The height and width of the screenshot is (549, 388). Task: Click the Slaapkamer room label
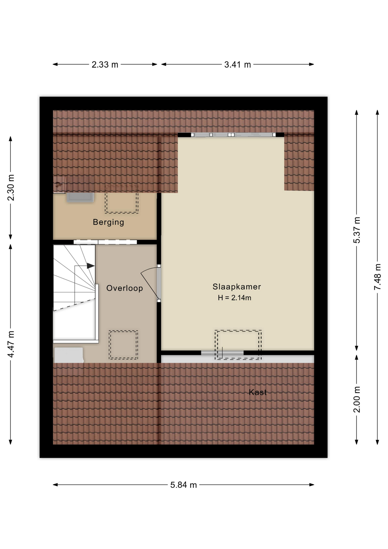(x=237, y=287)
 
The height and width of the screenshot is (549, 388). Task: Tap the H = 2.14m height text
(x=234, y=298)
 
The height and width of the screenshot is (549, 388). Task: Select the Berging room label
(x=108, y=222)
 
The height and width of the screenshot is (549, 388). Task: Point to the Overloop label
(x=125, y=288)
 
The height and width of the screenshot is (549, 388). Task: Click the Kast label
(x=258, y=392)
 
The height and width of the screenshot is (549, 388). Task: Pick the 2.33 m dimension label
(x=105, y=65)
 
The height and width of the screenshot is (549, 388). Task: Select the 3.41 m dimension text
(x=237, y=65)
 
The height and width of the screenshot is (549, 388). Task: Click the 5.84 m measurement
(x=183, y=485)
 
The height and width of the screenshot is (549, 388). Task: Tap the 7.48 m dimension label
(x=377, y=277)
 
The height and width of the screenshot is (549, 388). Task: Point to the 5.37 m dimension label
(x=357, y=230)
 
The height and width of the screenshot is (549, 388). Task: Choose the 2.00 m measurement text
(x=357, y=399)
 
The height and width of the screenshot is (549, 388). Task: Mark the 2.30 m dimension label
(x=11, y=188)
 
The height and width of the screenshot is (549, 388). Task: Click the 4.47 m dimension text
(x=11, y=344)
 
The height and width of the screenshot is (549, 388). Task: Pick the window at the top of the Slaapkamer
(x=233, y=135)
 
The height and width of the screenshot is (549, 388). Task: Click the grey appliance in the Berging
(x=80, y=198)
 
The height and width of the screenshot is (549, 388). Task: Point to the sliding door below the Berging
(x=105, y=242)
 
